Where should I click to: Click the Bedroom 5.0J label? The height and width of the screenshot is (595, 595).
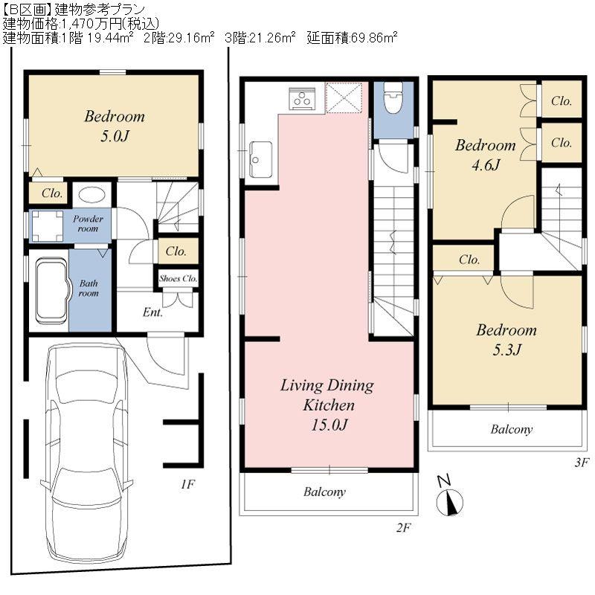[x=114, y=126]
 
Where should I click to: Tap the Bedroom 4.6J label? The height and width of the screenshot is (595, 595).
[x=485, y=154]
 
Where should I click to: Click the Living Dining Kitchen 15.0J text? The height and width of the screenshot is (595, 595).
[x=327, y=405]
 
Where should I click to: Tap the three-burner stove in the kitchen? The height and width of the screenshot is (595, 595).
[x=303, y=98]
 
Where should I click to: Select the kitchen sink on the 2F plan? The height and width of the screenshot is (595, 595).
[x=260, y=158]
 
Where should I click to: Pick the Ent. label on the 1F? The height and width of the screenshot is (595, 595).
[x=152, y=312]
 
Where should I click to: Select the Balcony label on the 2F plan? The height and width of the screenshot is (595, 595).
[x=325, y=492]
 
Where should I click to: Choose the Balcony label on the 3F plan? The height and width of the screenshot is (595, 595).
[x=511, y=430]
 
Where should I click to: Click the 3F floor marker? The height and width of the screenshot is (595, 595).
[x=581, y=462]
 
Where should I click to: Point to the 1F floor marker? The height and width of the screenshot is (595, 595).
[x=187, y=484]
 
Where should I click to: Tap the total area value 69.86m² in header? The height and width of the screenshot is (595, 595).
[x=368, y=37]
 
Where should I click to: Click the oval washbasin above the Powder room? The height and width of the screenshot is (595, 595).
[x=91, y=196]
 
